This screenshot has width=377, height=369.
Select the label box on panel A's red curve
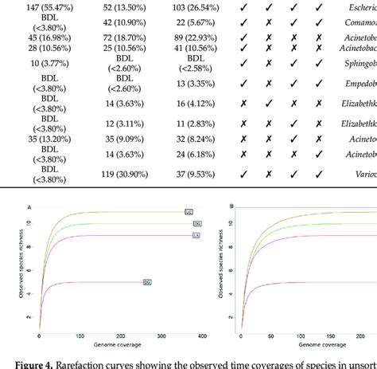pyautogui.click(x=147, y=281)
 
